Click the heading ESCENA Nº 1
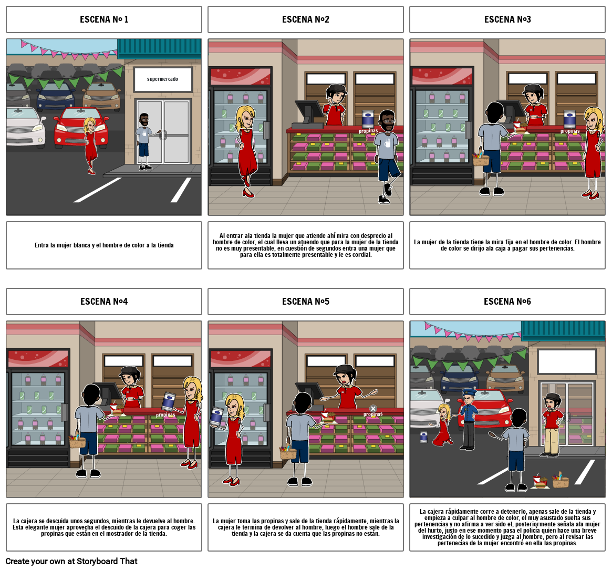pos(104,19)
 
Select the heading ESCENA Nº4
pos(104,302)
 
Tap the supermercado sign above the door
pos(162,79)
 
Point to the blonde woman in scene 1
pos(91,144)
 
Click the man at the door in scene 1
pos(144,141)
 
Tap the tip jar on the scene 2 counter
pos(368,119)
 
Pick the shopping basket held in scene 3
pos(481,159)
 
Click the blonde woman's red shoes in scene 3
pos(590,195)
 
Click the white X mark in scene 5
pos(373,408)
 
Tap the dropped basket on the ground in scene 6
pos(561,480)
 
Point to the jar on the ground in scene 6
pos(423,437)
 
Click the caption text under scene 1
pos(104,245)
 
